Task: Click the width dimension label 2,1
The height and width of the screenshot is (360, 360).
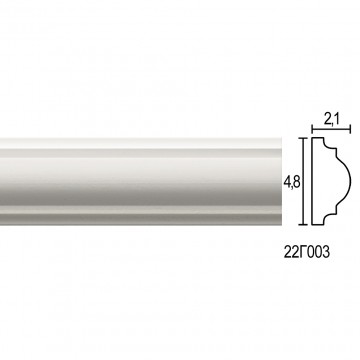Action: click(331, 119)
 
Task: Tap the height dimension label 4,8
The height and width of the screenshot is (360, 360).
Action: click(292, 182)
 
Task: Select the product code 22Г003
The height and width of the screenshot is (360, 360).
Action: click(307, 252)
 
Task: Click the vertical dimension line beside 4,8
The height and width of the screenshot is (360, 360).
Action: click(303, 181)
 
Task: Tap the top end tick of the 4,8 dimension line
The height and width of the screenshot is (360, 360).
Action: click(303, 138)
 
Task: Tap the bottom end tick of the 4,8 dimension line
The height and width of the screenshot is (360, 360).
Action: click(303, 225)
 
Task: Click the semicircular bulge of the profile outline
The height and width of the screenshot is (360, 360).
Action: click(350, 181)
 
